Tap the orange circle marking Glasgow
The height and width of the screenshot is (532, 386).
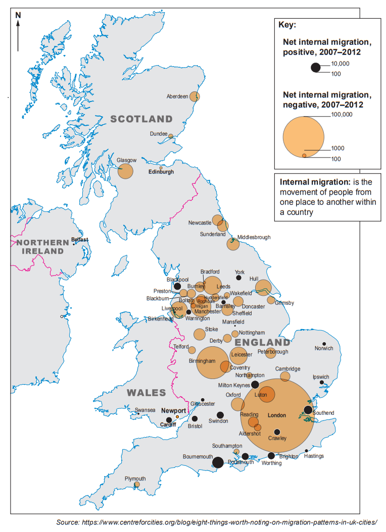(x=125, y=171)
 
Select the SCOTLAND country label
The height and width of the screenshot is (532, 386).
(x=141, y=120)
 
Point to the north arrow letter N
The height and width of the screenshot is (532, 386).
(x=18, y=15)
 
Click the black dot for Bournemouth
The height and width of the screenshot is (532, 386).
(x=218, y=462)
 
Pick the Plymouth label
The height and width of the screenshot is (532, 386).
(x=135, y=478)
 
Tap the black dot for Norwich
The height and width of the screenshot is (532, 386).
(x=324, y=344)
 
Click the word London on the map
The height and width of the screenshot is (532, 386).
(x=276, y=415)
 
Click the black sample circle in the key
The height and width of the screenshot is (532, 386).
(x=316, y=68)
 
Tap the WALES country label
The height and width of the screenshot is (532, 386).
(x=147, y=393)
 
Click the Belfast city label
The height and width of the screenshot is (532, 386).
(x=80, y=239)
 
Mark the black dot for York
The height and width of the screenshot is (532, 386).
(x=239, y=278)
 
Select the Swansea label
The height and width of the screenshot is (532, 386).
(x=145, y=410)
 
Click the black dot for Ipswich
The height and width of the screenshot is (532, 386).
(x=322, y=383)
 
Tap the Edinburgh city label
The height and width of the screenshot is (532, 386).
(x=161, y=172)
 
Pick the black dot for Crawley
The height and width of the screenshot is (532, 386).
(x=277, y=432)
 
